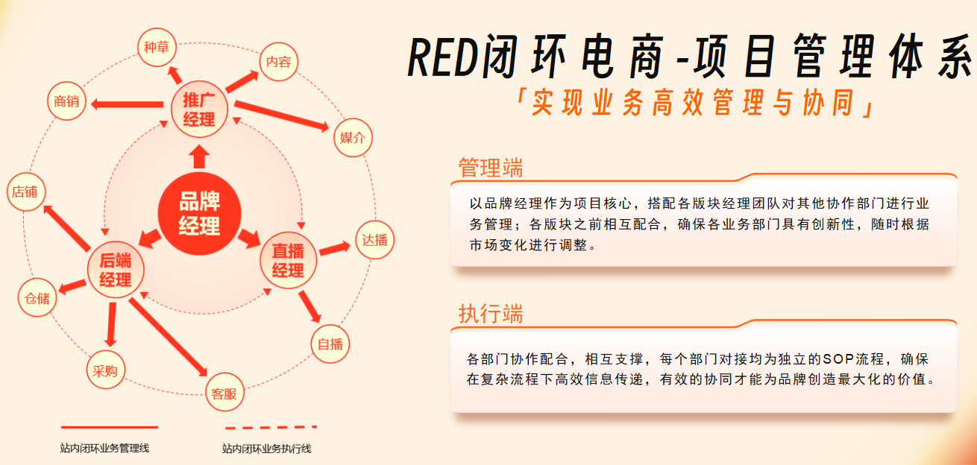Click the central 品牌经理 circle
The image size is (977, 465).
click(x=199, y=215)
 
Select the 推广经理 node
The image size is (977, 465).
click(x=198, y=110)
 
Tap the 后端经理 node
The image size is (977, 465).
click(x=116, y=270)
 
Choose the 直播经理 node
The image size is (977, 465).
click(x=288, y=261)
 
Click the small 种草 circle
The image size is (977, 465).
click(x=156, y=48)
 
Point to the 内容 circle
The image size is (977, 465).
click(x=278, y=62)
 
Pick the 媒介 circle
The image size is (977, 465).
click(x=352, y=138)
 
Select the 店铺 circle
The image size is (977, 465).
click(x=24, y=192)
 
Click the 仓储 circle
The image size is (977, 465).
click(x=37, y=299)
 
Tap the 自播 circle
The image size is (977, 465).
click(x=330, y=344)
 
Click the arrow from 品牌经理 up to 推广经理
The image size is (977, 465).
click(x=199, y=156)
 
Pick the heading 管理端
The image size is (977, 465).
click(x=490, y=168)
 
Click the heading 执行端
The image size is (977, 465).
click(x=490, y=314)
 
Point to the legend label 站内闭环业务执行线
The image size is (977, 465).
click(x=266, y=449)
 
